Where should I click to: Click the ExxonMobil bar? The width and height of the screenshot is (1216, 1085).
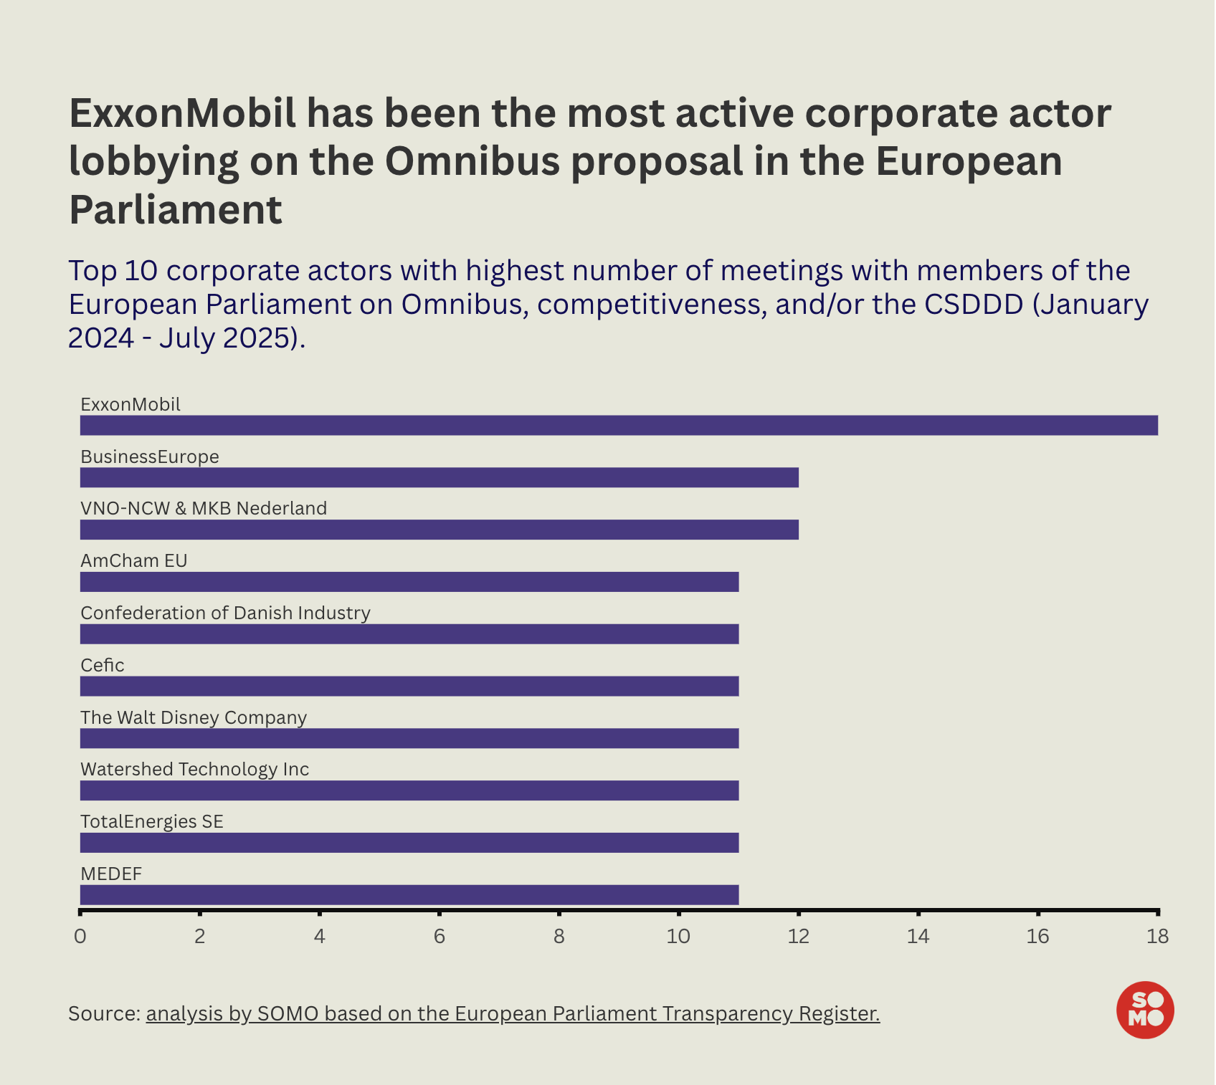pyautogui.click(x=618, y=425)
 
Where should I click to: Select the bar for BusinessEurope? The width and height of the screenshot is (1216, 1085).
pyautogui.click(x=439, y=477)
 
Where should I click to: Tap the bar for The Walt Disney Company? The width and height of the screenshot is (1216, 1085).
pyautogui.click(x=409, y=738)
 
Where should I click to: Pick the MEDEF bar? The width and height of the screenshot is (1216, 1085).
pyautogui.click(x=409, y=894)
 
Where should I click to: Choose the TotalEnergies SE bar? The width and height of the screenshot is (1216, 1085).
pyautogui.click(x=409, y=843)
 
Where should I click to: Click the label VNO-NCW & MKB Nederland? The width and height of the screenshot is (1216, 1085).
pyautogui.click(x=204, y=509)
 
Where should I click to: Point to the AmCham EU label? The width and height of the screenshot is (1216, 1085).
pyautogui.click(x=134, y=561)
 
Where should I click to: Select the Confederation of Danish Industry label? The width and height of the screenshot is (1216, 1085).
pyautogui.click(x=225, y=613)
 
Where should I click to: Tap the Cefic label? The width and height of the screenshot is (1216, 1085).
pyautogui.click(x=103, y=666)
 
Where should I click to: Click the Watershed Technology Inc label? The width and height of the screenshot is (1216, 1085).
pyautogui.click(x=194, y=770)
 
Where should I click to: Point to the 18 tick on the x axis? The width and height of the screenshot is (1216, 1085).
pyautogui.click(x=1157, y=937)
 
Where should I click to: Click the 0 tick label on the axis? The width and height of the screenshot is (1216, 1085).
pyautogui.click(x=80, y=937)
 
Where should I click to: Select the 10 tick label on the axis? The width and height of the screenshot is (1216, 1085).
pyautogui.click(x=678, y=937)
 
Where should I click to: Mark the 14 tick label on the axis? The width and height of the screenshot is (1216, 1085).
pyautogui.click(x=918, y=937)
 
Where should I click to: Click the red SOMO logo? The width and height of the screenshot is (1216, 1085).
pyautogui.click(x=1145, y=1010)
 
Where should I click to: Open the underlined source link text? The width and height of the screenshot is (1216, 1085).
pyautogui.click(x=513, y=1014)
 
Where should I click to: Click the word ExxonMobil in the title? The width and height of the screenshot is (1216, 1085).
pyautogui.click(x=182, y=113)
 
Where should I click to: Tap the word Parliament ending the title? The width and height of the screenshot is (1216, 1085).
pyautogui.click(x=176, y=209)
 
